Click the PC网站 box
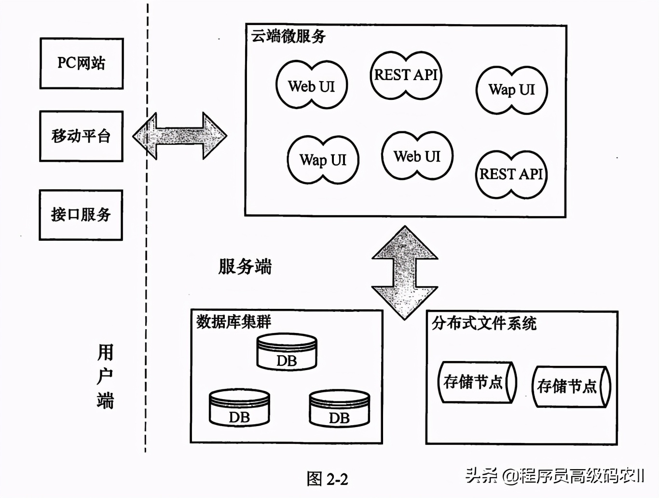coord(81,64)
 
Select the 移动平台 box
coord(81,136)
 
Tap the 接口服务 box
coord(81,215)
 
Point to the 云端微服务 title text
coord(288,36)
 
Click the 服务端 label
coord(245,266)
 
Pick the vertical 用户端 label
coord(105,376)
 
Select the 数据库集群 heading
coord(233,322)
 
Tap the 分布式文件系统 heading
coord(484,323)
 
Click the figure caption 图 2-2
coord(327,479)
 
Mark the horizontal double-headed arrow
coord(179,136)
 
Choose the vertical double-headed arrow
coord(404,273)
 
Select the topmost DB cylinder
coord(287,353)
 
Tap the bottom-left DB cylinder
coord(239,409)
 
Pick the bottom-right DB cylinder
coord(339,409)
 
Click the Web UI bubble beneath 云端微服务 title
coord(312,85)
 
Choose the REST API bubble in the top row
coord(406,75)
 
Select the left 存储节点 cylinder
coord(477,382)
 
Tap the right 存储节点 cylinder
coord(571,387)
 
